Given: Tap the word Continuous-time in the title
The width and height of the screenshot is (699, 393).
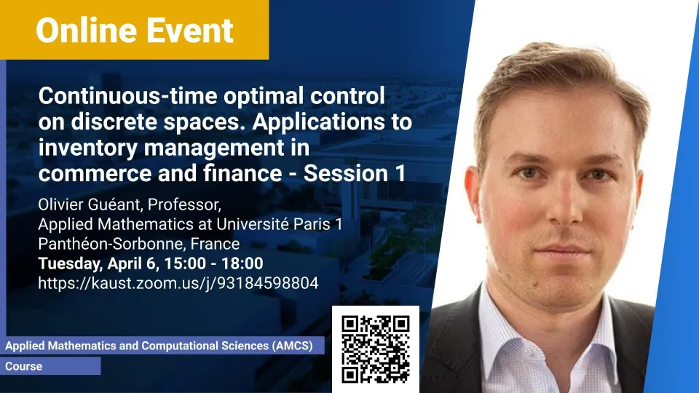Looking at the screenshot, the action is pyautogui.click(x=128, y=96).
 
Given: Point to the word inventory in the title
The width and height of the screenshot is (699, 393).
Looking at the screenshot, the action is pyautogui.click(x=88, y=148).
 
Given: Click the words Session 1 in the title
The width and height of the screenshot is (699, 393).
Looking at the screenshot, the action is pyautogui.click(x=355, y=173).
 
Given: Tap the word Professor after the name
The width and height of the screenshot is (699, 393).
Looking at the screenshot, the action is pyautogui.click(x=184, y=205).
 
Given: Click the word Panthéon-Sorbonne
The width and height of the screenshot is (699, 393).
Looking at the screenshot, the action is pyautogui.click(x=111, y=244).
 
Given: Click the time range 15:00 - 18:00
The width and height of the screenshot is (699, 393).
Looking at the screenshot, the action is pyautogui.click(x=212, y=263).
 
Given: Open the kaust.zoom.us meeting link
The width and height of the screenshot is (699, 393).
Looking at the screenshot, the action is pyautogui.click(x=178, y=283).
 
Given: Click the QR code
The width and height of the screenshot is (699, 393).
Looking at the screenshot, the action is pyautogui.click(x=376, y=349).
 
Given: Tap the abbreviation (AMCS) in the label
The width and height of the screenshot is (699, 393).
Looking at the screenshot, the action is pyautogui.click(x=293, y=346).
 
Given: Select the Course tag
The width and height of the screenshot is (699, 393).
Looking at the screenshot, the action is pyautogui.click(x=23, y=366).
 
